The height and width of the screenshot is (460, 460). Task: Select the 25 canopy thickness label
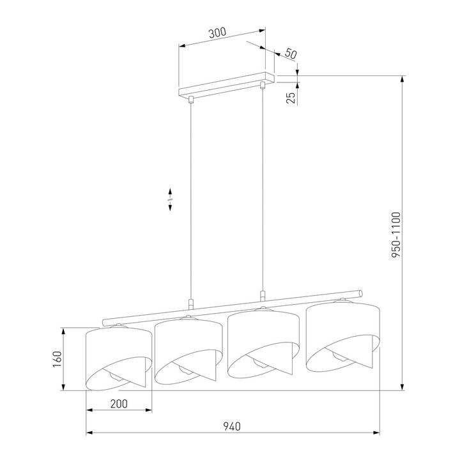[x=291, y=98]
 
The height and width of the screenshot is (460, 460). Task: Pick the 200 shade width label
[x=119, y=404]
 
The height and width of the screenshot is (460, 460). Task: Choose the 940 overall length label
[x=233, y=427]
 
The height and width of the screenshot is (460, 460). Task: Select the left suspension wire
[x=191, y=198]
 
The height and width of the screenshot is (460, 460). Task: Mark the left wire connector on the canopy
[x=191, y=98]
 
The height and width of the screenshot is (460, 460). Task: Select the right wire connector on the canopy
[x=262, y=85]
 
